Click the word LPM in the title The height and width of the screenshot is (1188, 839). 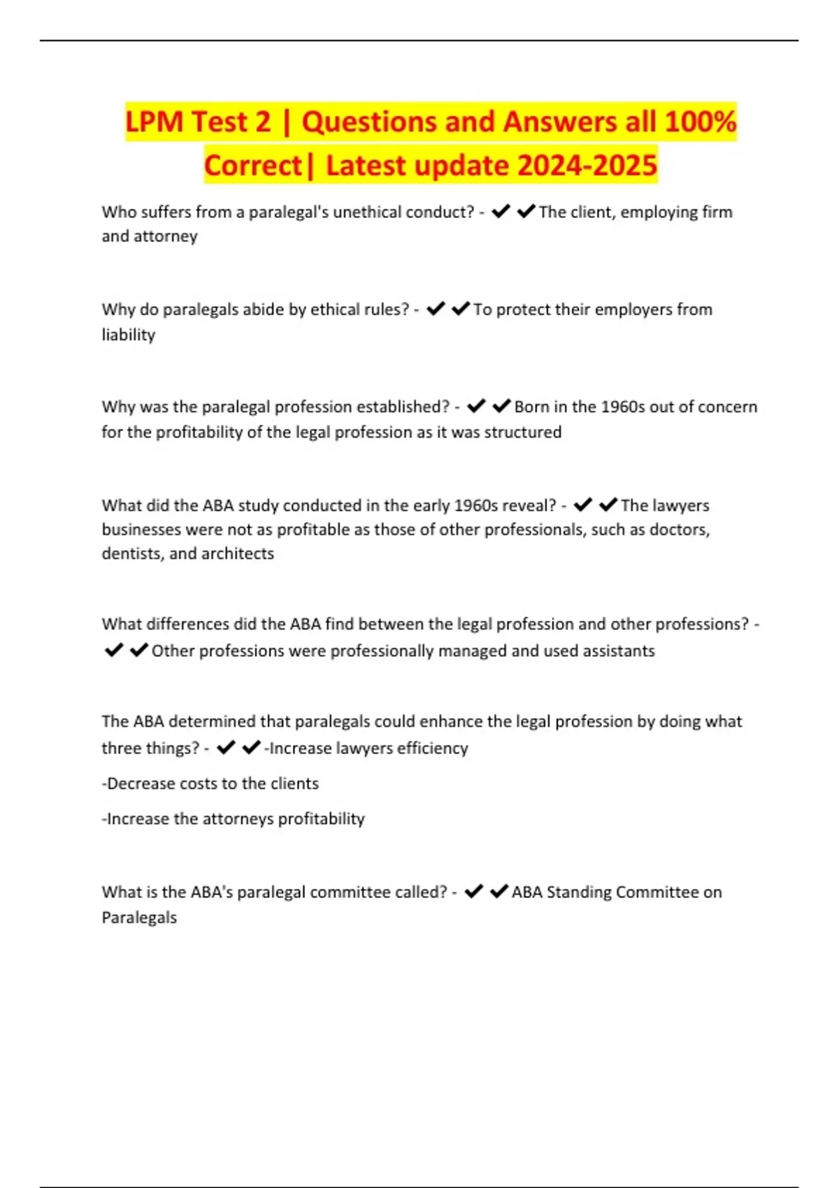click(155, 122)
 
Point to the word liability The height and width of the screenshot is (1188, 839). click(129, 335)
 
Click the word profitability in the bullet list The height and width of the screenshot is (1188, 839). click(321, 819)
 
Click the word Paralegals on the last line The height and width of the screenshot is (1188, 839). click(139, 918)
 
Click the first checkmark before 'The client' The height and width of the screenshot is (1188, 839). click(501, 211)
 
